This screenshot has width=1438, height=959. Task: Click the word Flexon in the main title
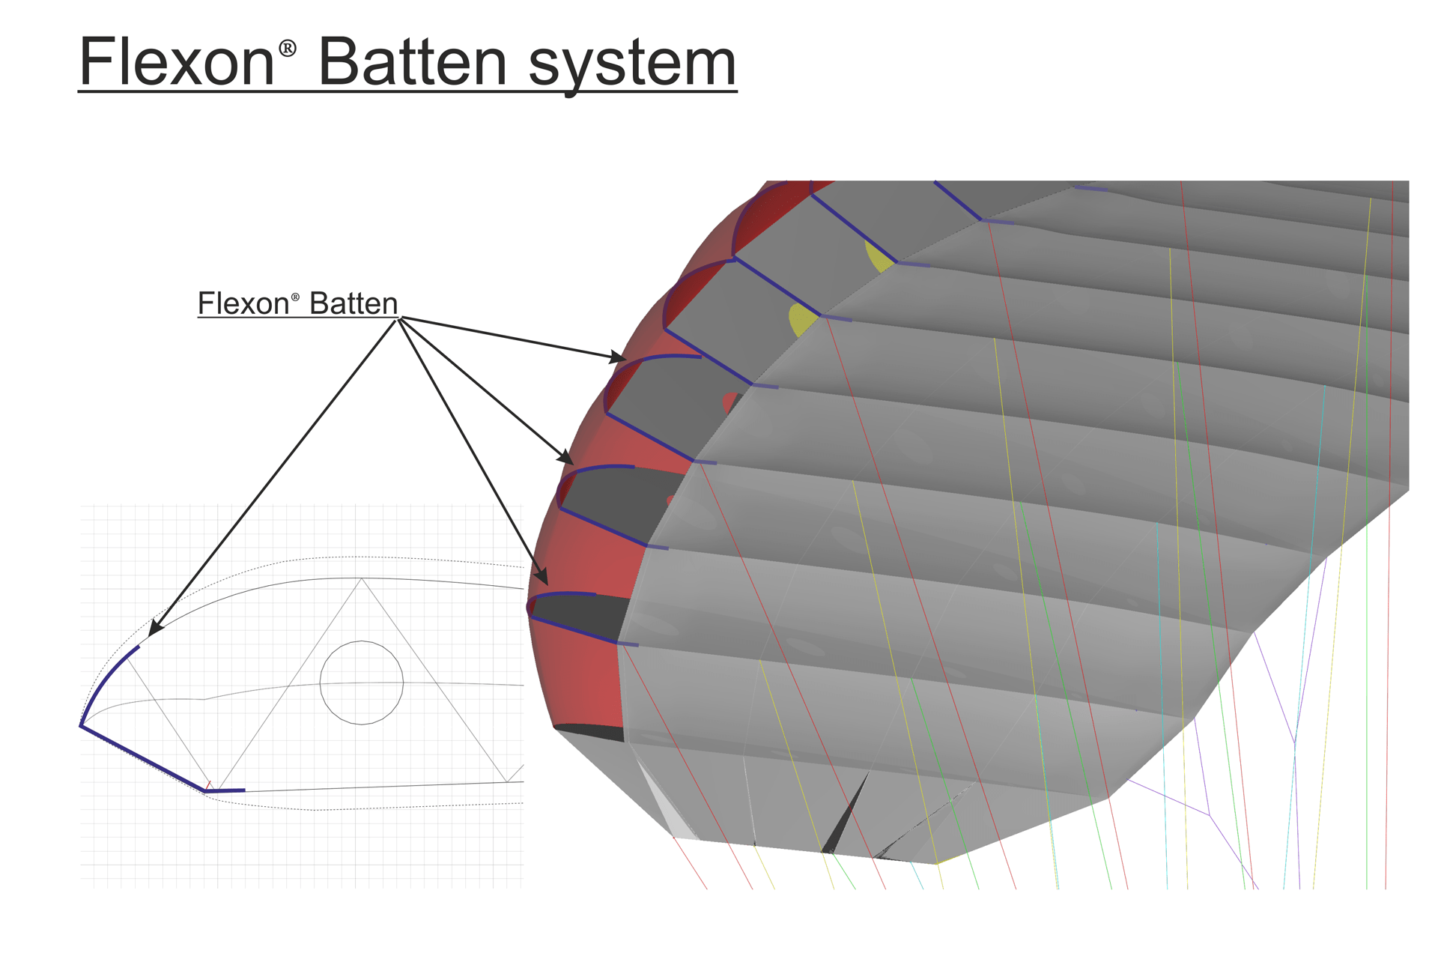coord(177,61)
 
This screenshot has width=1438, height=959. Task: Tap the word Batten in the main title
coord(413,61)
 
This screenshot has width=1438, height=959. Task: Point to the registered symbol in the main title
coord(288,49)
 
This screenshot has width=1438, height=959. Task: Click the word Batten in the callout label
coord(354,303)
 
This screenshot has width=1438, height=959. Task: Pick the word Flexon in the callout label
coord(243,303)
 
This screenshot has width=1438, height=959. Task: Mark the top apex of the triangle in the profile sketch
coord(362,578)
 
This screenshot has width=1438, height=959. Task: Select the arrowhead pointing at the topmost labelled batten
coord(618,357)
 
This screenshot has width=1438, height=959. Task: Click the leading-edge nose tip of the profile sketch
coord(81,725)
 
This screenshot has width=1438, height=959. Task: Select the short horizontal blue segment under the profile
coord(225,790)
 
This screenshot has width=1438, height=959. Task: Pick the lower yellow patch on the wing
coord(802,320)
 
